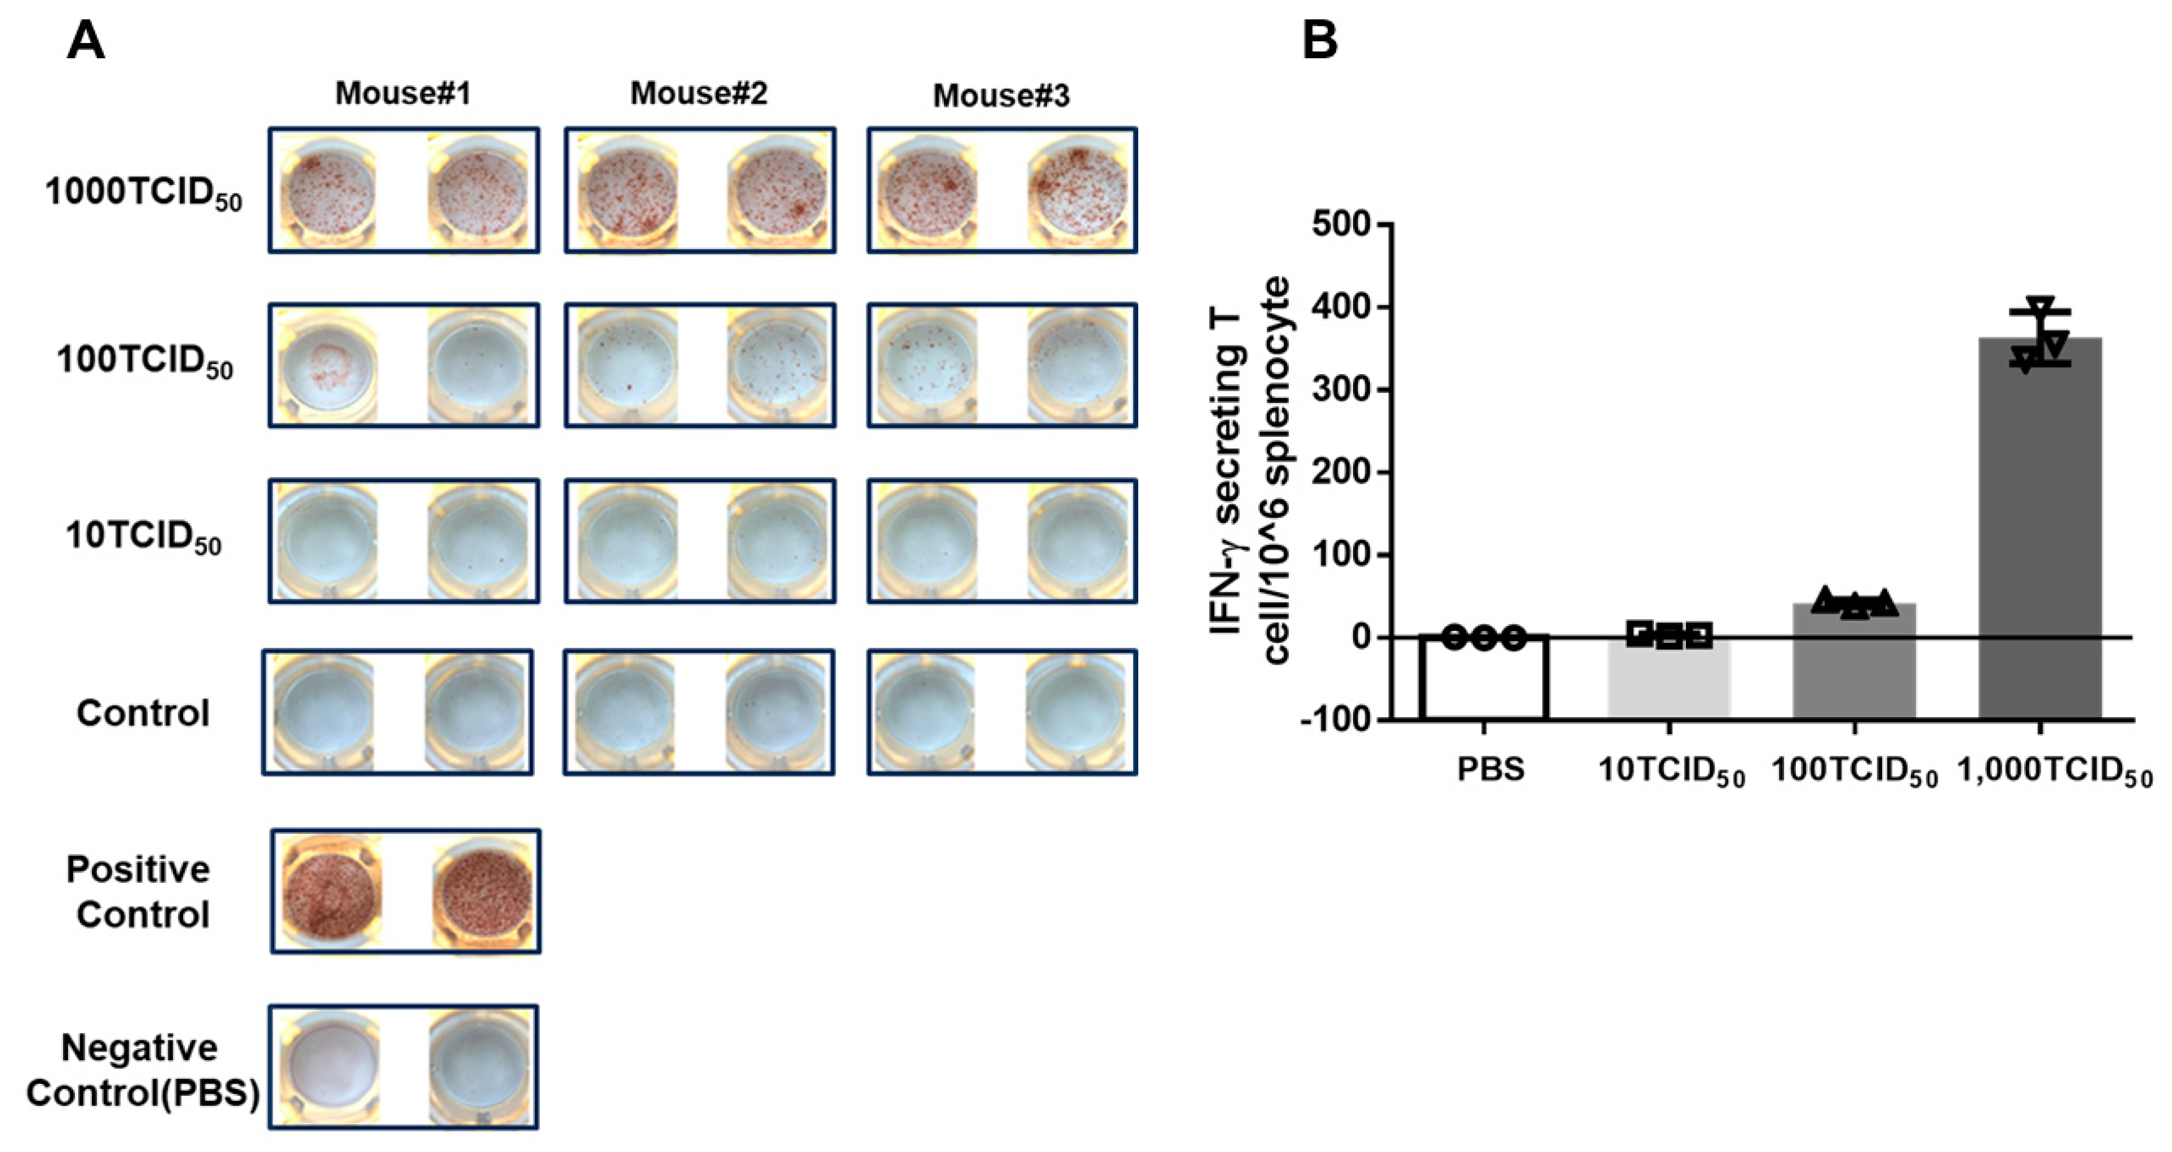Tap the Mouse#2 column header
coord(699,94)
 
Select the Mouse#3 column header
coord(1001,96)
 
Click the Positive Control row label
coord(139,891)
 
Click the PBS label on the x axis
coord(1490,770)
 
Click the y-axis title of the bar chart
coord(1249,472)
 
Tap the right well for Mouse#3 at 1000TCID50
coord(1078,190)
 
